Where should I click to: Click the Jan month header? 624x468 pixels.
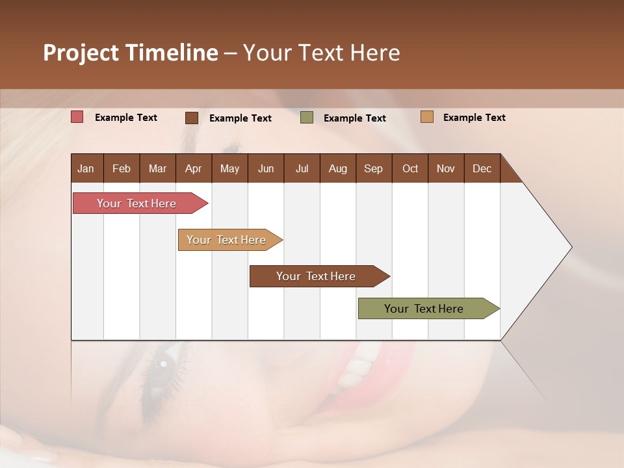point(86,168)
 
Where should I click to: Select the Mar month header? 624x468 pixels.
point(157,168)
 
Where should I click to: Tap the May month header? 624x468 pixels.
point(229,168)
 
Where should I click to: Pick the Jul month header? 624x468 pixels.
point(302,168)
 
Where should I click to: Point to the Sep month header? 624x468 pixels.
point(373,168)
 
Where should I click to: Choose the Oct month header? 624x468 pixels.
point(410,168)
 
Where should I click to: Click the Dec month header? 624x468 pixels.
point(482,168)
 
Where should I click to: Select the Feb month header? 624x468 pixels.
point(122,168)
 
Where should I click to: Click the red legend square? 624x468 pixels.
point(77,117)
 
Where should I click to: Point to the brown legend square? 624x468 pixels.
point(192,118)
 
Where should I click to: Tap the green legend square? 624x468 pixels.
point(307,118)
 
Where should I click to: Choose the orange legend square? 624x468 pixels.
point(426,117)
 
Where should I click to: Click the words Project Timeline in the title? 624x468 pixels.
point(131,53)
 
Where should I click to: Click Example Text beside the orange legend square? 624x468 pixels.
point(474,118)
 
